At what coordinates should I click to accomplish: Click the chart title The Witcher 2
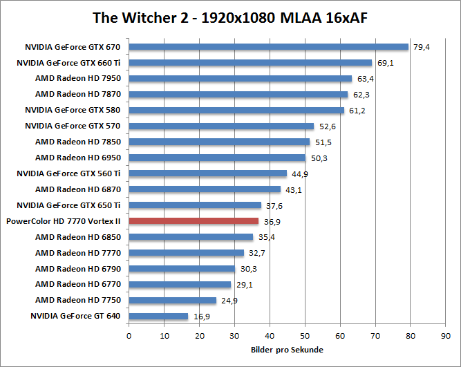[229, 17]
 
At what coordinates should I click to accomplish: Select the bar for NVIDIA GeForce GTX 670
[268, 47]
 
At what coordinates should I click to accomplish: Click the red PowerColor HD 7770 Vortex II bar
[194, 221]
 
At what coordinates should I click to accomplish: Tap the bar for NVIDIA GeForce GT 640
[158, 317]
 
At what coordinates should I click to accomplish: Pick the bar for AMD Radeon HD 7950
[240, 79]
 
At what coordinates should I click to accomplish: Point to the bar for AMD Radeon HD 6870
[205, 189]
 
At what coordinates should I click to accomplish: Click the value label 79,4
[421, 47]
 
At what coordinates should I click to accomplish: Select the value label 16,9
[200, 317]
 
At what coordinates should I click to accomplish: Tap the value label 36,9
[272, 222]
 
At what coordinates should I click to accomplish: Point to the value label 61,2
[357, 111]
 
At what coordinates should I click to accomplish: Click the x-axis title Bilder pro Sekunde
[287, 350]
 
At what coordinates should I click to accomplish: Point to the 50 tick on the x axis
[305, 335]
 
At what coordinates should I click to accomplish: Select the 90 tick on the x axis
[446, 335]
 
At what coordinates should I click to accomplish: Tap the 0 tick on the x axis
[129, 335]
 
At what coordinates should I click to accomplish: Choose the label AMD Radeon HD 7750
[78, 301]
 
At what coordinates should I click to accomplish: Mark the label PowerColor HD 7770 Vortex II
[63, 221]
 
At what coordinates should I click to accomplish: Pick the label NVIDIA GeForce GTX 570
[73, 126]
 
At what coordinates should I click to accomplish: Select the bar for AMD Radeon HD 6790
[182, 269]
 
